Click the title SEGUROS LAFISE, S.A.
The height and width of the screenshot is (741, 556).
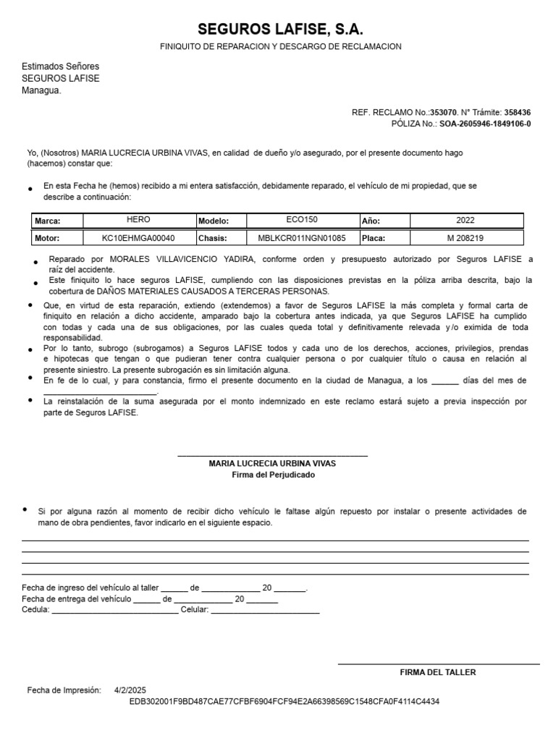tap(280, 30)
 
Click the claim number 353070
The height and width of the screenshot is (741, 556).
tap(443, 113)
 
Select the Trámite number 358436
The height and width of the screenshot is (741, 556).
tap(517, 113)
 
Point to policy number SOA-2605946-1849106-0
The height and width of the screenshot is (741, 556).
tap(485, 124)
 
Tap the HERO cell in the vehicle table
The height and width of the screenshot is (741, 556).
tap(138, 220)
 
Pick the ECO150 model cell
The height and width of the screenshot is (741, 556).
tap(302, 220)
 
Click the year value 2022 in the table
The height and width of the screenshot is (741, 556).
tap(466, 220)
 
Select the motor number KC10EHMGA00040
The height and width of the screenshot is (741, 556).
tap(138, 237)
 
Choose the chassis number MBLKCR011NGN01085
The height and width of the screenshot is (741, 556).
tap(302, 237)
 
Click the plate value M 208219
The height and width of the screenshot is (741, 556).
tap(466, 237)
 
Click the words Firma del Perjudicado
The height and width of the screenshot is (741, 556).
tap(273, 475)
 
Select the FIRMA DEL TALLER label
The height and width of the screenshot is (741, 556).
tap(438, 672)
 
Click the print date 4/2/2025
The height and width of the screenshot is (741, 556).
tap(130, 690)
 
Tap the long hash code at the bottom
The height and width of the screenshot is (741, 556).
tap(285, 701)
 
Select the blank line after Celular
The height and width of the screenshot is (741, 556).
tap(265, 610)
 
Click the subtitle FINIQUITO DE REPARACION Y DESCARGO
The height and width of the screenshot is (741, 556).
tap(280, 46)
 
